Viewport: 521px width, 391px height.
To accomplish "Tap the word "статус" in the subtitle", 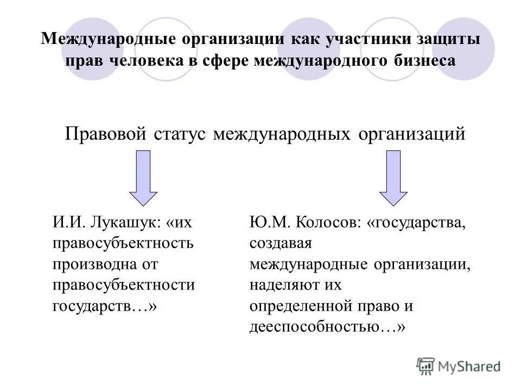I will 181,133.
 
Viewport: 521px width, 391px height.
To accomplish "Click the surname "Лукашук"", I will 126,223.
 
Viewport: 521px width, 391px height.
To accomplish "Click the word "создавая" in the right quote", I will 281,243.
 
